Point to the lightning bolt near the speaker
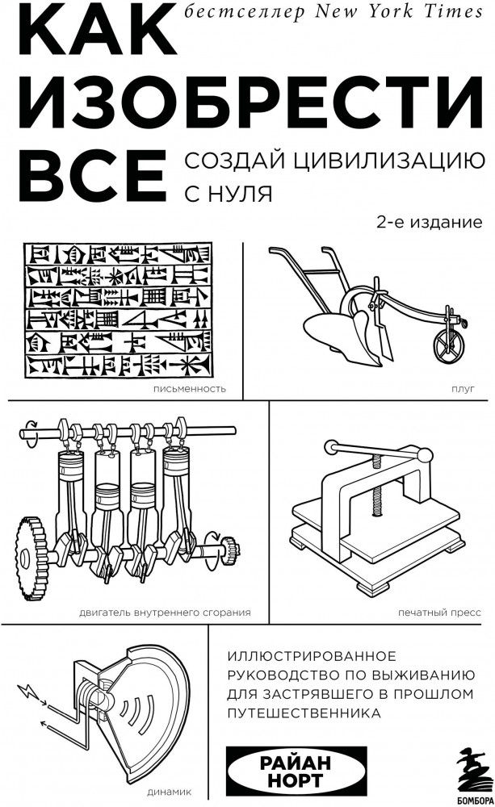tap(27, 692)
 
